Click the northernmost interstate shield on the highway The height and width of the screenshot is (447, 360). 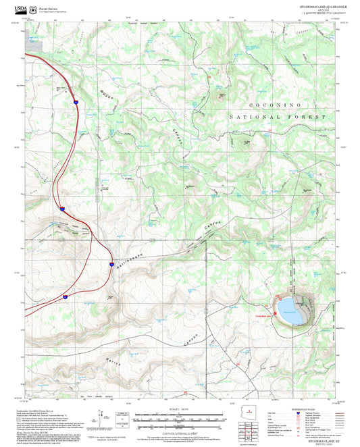coord(77,102)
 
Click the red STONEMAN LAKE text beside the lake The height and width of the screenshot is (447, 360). coord(265,315)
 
